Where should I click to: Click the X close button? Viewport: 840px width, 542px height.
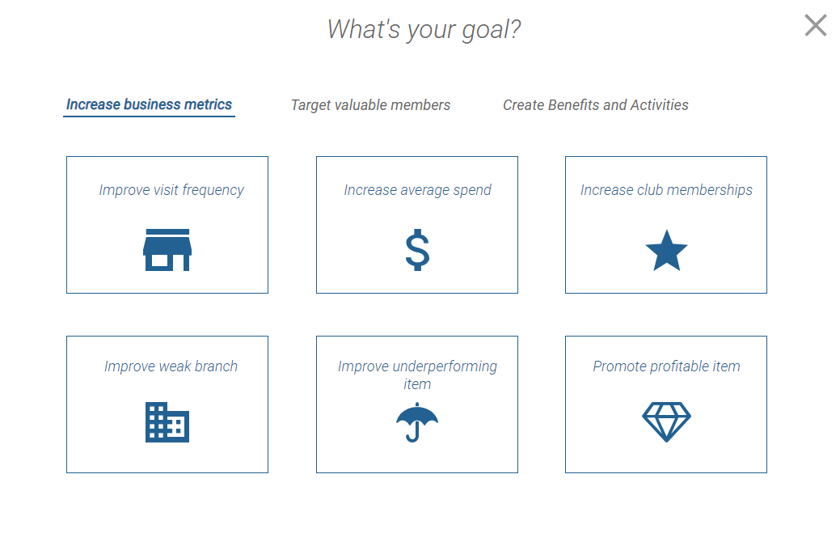816,25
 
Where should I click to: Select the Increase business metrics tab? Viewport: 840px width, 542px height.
149,104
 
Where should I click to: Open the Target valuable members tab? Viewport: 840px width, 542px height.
370,105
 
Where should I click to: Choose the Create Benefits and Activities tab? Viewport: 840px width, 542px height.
595,105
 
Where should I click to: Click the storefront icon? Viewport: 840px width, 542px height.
167,250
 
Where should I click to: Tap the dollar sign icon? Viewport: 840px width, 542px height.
417,250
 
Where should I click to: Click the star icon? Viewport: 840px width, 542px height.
666,250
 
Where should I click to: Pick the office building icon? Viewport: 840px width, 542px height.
167,422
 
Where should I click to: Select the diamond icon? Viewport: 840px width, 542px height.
666,422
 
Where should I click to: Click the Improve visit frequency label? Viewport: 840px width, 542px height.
171,190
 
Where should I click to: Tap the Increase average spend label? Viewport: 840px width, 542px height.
417,190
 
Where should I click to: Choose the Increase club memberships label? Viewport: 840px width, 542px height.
666,190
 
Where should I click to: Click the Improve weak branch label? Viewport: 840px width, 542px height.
171,366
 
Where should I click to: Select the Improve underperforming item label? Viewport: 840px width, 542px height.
417,375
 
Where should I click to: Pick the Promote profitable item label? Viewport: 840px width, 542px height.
666,366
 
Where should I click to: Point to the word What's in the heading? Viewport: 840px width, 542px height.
364,29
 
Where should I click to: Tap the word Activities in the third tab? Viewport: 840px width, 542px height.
660,105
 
